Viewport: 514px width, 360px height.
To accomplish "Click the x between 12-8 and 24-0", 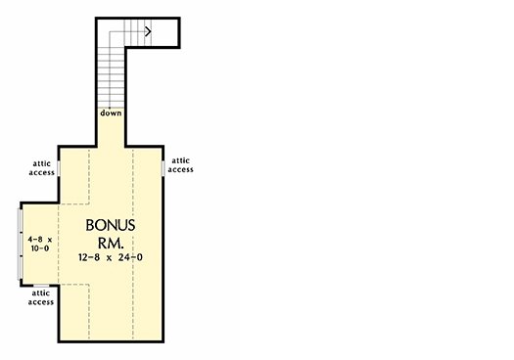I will (112, 258).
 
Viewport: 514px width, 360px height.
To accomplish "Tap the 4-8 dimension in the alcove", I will (35, 239).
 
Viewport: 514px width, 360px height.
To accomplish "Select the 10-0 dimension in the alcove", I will (39, 249).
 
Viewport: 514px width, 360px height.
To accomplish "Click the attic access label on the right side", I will (181, 164).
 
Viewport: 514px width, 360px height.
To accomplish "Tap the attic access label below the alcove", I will (40, 297).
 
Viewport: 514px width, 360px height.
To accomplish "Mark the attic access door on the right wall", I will (163, 165).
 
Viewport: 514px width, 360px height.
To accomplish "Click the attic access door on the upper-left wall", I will (59, 167).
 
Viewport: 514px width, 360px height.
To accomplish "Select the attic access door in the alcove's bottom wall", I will (41, 285).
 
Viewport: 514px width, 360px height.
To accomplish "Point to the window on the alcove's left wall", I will (21, 244).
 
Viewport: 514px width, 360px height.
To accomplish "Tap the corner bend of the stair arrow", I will (115, 31).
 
